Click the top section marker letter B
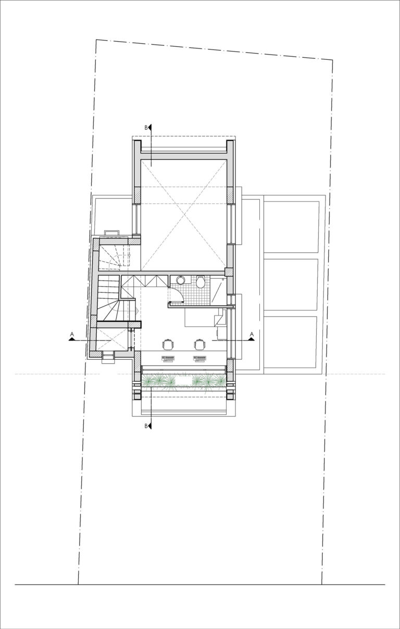coord(146,127)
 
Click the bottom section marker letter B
coord(146,426)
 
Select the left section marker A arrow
coord(72,338)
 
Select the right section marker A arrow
coord(251,338)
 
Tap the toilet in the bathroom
coord(200,283)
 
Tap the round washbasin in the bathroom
coord(180,280)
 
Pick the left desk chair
coord(168,344)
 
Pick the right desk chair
coord(199,344)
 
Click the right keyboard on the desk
coord(201,358)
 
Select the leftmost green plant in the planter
coord(153,381)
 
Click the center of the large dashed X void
coord(184,213)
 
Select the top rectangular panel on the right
coord(291,227)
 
